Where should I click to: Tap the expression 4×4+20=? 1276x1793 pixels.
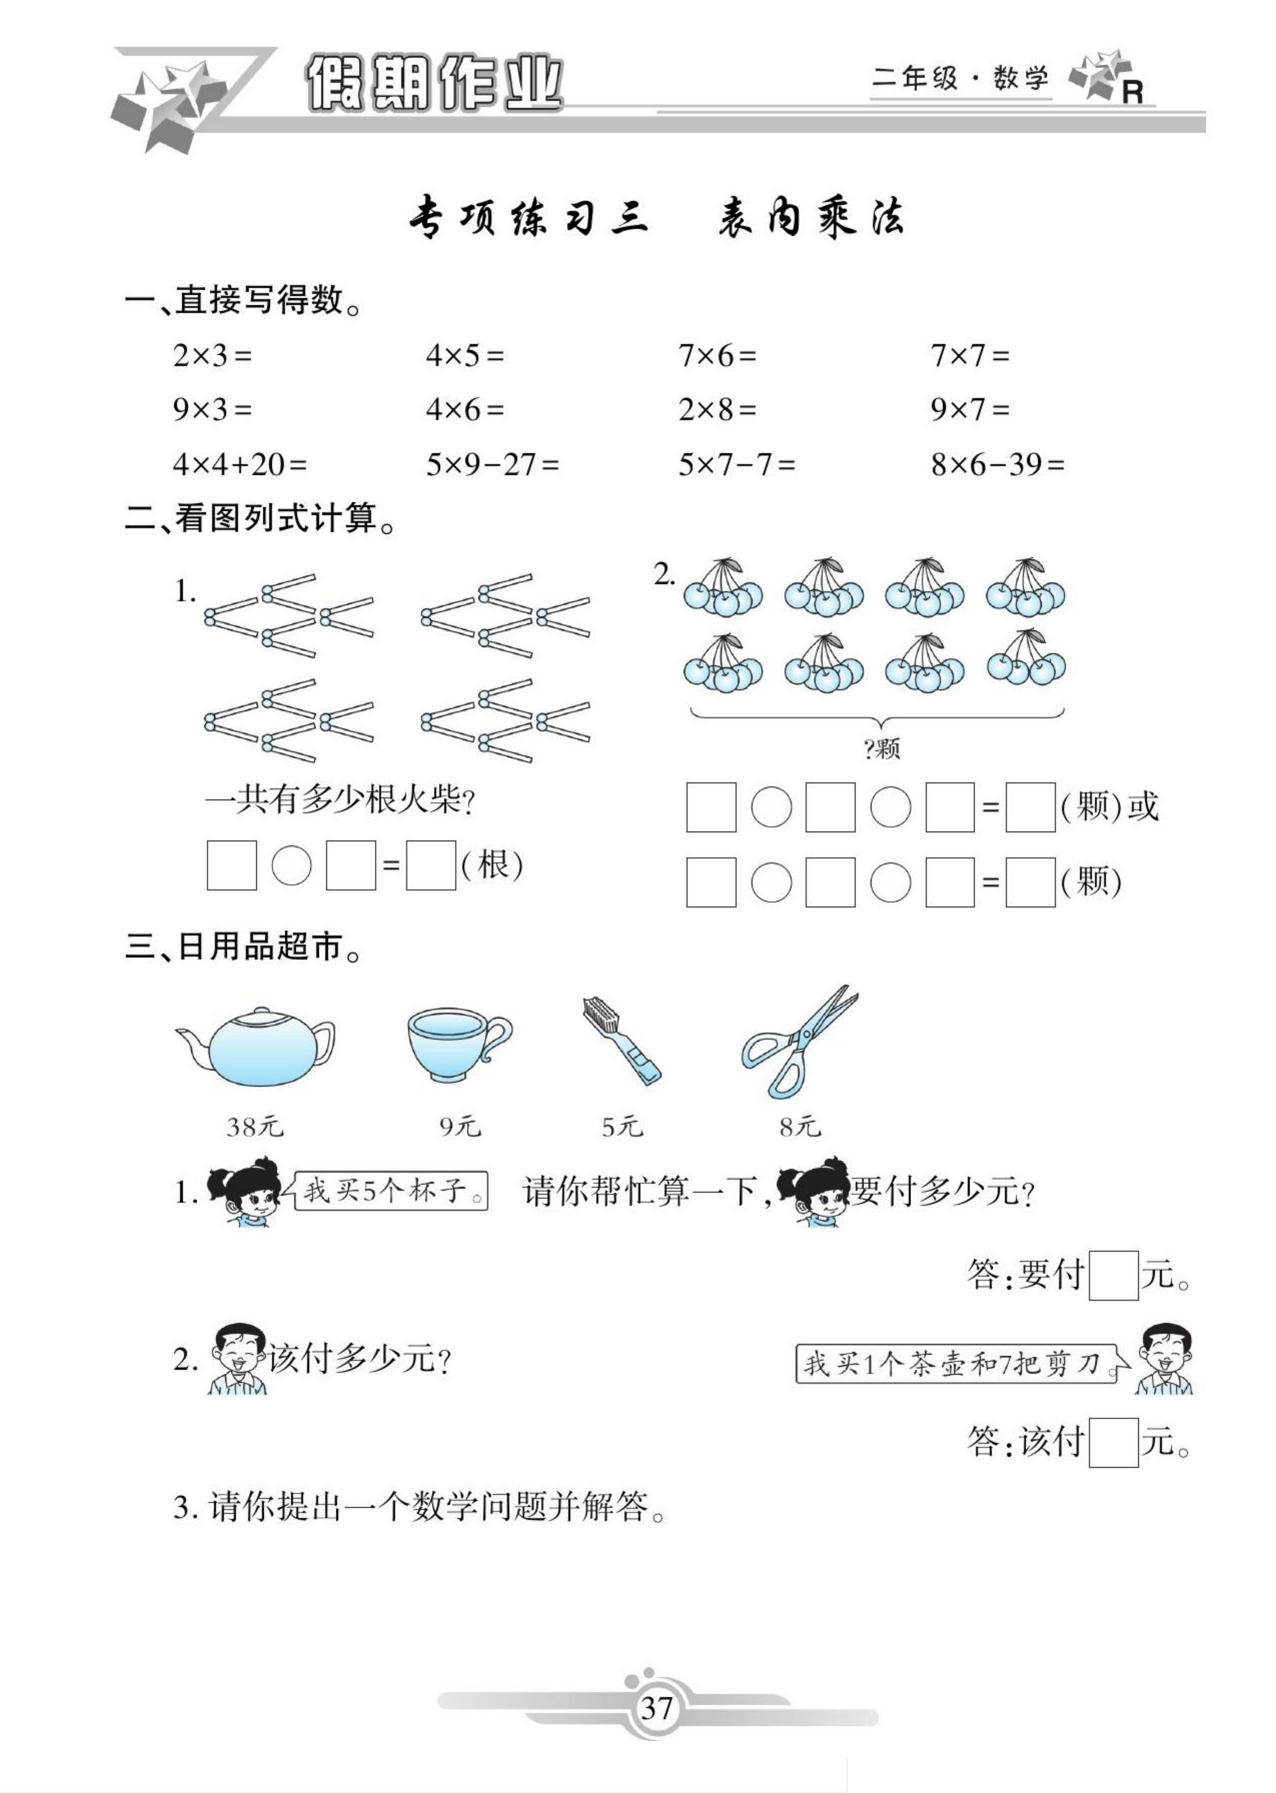click(x=240, y=465)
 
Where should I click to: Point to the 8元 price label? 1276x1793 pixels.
click(x=800, y=1127)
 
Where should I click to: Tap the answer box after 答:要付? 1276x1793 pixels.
click(x=1114, y=1275)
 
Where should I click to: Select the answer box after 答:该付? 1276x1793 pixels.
click(x=1114, y=1442)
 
